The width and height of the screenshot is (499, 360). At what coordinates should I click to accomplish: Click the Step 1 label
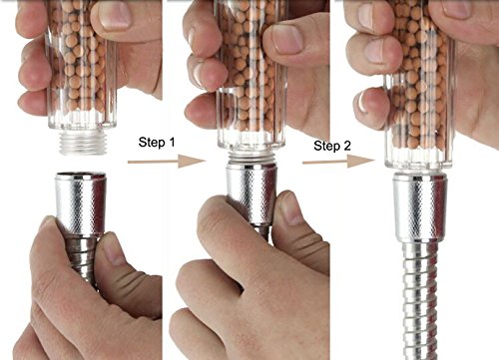(157, 143)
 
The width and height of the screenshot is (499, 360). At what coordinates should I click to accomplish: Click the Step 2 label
(332, 146)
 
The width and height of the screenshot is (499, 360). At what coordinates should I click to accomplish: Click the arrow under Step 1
(167, 162)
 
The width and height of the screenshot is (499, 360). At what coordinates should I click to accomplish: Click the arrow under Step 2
(339, 162)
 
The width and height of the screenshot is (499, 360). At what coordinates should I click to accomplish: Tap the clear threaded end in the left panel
(83, 142)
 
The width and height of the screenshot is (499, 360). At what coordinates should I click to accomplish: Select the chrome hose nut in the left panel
(81, 203)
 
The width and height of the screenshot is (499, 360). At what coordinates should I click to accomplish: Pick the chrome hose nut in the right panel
(420, 207)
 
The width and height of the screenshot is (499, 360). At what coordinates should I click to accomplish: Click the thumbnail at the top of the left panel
(115, 16)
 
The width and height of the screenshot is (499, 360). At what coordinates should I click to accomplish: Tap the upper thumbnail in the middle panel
(287, 40)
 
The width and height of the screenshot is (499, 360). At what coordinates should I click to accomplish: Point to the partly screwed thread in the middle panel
(251, 157)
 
